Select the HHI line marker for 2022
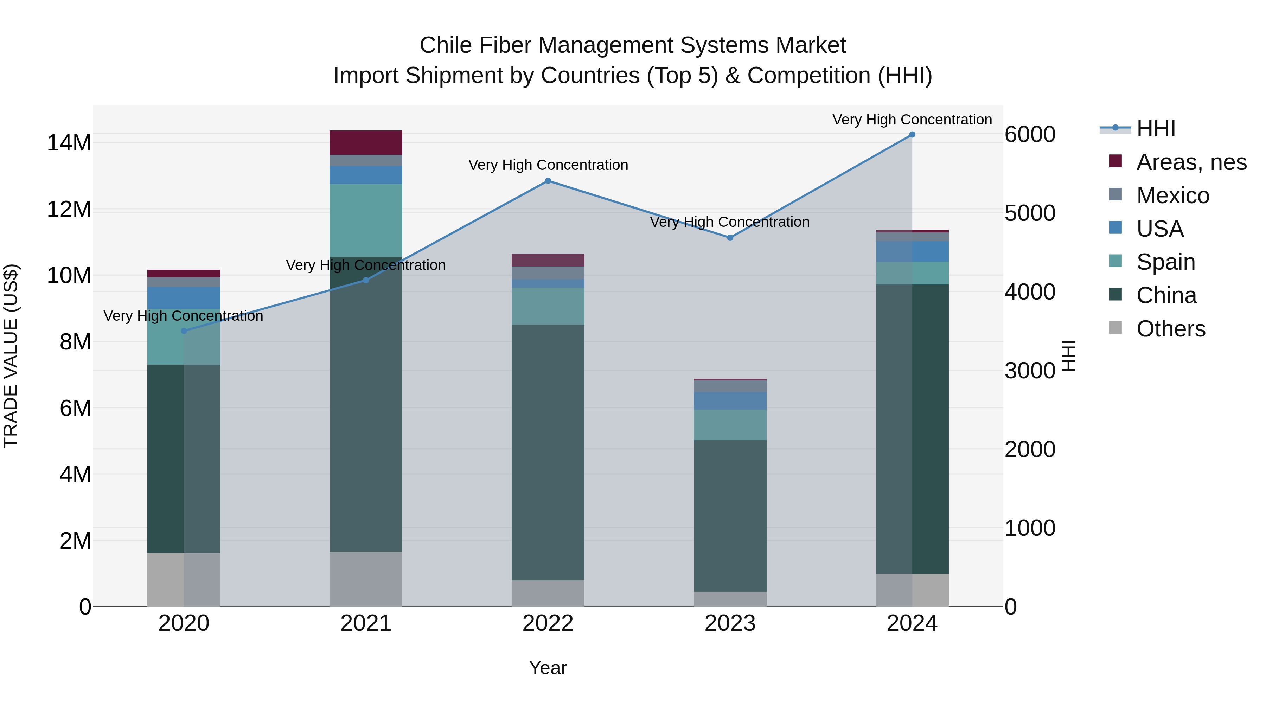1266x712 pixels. tap(548, 181)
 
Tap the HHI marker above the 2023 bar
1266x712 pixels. tap(730, 238)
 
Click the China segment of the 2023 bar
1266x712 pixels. tap(730, 516)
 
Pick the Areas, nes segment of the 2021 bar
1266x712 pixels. tap(366, 142)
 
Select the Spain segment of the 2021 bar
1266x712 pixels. tap(366, 220)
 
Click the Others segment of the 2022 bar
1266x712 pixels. tap(548, 593)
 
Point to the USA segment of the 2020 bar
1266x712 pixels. tap(184, 298)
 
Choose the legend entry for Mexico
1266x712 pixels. tap(1172, 195)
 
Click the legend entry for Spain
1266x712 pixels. tap(1165, 262)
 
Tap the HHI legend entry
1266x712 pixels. tap(1156, 129)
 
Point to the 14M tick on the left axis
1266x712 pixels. tap(69, 143)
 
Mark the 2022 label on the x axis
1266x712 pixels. tap(548, 623)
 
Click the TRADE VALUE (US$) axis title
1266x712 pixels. tap(11, 356)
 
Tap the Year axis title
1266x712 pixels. tap(548, 668)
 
